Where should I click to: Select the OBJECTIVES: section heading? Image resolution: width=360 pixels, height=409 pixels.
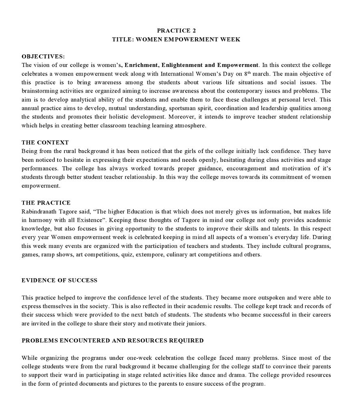(43, 56)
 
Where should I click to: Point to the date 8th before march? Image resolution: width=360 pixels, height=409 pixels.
(248, 74)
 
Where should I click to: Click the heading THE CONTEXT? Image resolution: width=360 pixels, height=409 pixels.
(45, 142)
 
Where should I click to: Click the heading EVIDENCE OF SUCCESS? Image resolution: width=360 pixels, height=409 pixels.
(59, 280)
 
